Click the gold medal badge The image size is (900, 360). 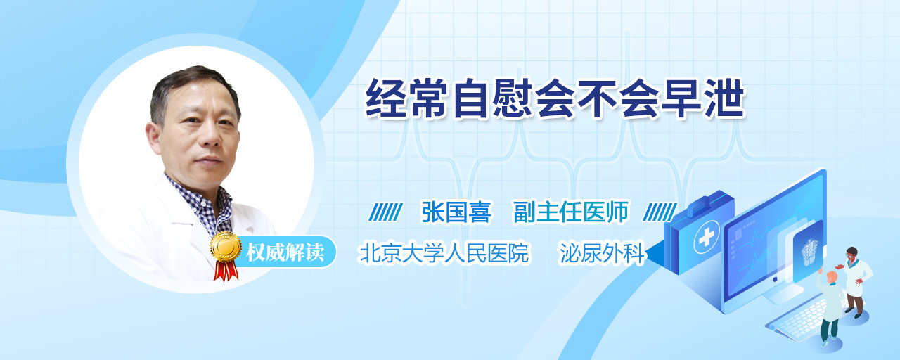click(226, 246)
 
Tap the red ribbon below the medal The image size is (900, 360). click(226, 271)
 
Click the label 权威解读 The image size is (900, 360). click(285, 252)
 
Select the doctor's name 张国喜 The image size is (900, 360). click(456, 212)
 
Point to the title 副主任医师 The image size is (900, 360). click(570, 212)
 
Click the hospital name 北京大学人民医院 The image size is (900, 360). click(444, 253)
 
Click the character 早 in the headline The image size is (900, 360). click(681, 98)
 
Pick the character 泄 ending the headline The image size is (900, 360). click(724, 98)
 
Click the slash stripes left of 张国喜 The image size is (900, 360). click(385, 212)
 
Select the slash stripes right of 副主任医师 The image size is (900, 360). click(660, 212)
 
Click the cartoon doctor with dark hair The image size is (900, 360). click(854, 282)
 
